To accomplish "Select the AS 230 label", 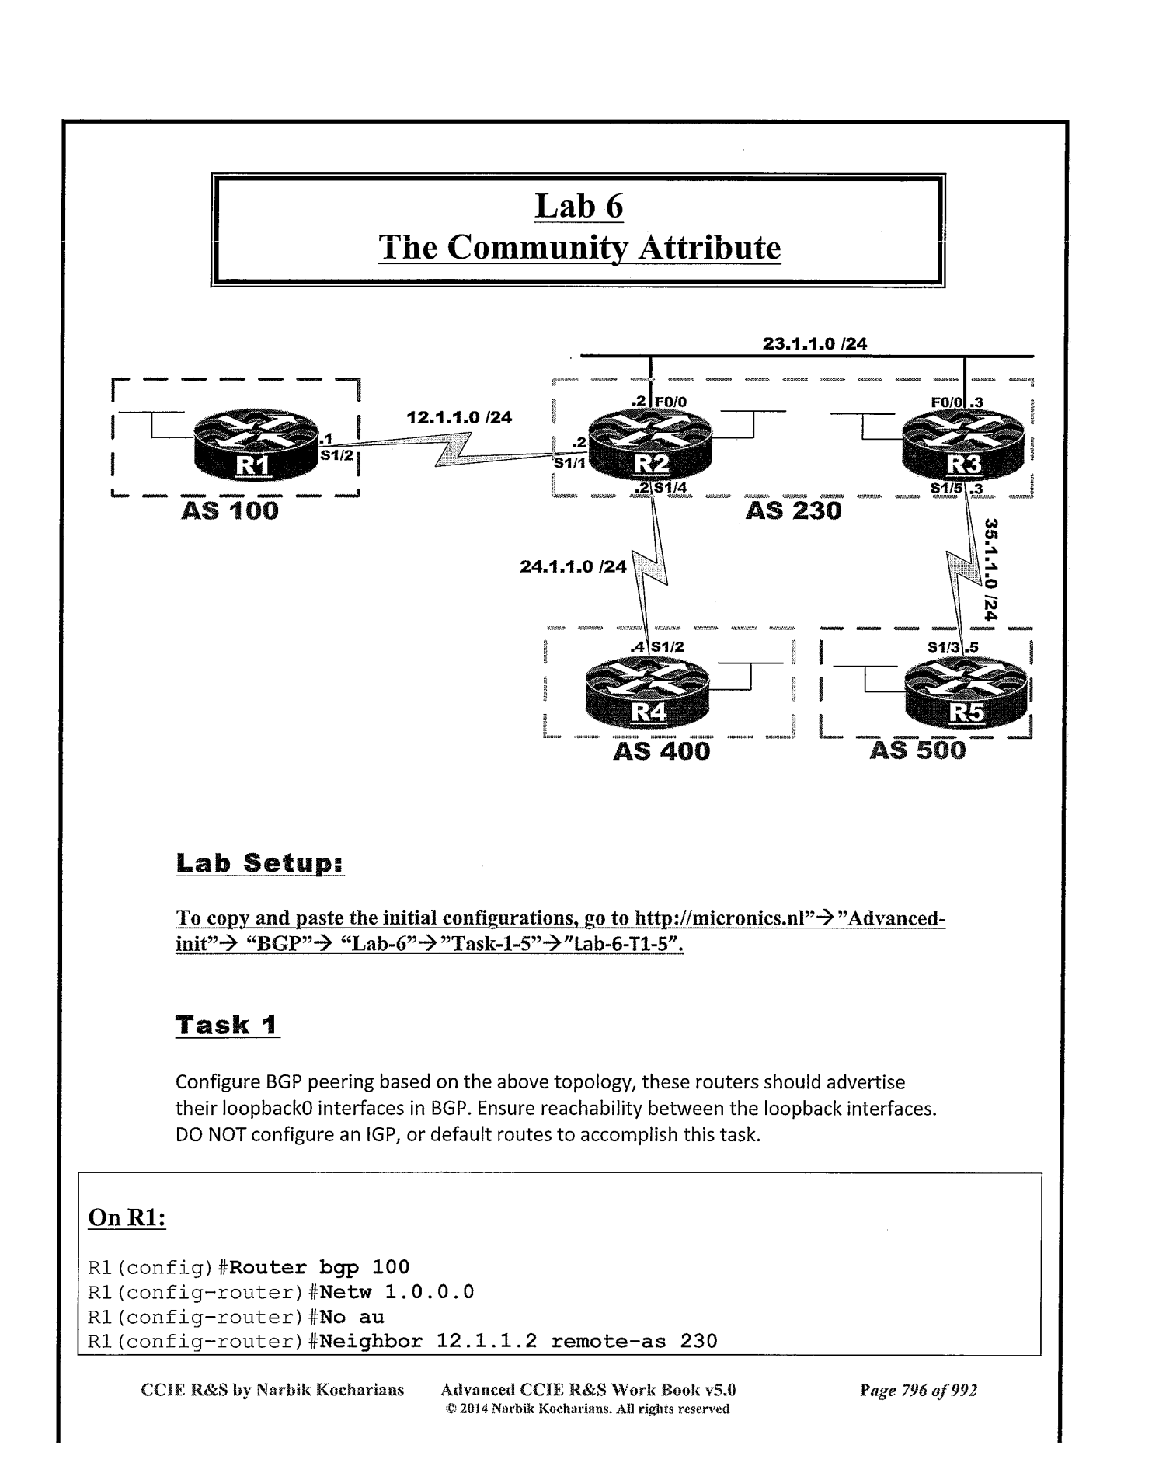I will tap(793, 511).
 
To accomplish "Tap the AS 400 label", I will tap(661, 751).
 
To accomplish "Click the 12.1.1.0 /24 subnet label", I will tap(459, 417).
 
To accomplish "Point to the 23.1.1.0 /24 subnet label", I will tap(815, 343).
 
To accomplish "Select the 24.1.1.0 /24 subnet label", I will tap(573, 566).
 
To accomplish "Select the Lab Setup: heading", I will tap(260, 863).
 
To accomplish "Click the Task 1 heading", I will tap(227, 1025).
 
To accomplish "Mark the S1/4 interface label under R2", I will tap(670, 488).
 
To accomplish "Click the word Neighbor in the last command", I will tap(371, 1342).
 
